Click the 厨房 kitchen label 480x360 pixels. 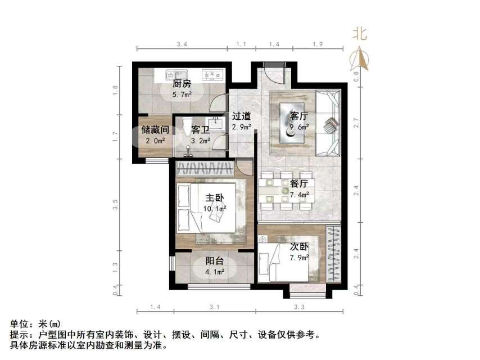click(181, 84)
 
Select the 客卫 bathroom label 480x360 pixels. click(200, 129)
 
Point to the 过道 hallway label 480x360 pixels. click(241, 116)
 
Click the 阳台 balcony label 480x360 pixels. click(215, 261)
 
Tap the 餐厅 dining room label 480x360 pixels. click(299, 183)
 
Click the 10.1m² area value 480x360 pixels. click(215, 208)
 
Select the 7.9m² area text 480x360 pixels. click(300, 258)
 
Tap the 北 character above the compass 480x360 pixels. click(360, 34)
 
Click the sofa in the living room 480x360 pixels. click(329, 123)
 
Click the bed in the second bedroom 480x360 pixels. click(290, 262)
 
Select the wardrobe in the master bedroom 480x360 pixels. click(204, 168)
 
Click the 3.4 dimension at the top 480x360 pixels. click(182, 44)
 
